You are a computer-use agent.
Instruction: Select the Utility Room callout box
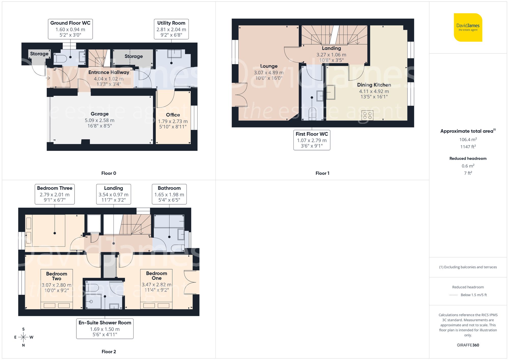pos(171,29)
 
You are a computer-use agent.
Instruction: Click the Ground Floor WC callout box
pos(70,29)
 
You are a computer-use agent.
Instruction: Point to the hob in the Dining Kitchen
pos(367,115)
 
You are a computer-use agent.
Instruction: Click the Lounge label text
pos(269,66)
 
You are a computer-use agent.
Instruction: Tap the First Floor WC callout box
pos(312,140)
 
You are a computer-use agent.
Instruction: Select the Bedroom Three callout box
pos(55,194)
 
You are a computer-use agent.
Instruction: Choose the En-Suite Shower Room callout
pos(105,329)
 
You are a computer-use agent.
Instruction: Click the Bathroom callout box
pos(169,194)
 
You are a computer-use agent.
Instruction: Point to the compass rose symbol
pos(23,337)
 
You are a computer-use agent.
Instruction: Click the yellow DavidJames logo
pos(468,27)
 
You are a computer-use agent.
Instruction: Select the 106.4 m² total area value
pos(468,139)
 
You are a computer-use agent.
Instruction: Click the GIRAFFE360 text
pos(468,345)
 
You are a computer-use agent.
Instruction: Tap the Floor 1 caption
pos(322,173)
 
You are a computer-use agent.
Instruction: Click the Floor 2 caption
pos(109,352)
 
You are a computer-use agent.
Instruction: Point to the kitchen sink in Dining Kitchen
pos(331,92)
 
